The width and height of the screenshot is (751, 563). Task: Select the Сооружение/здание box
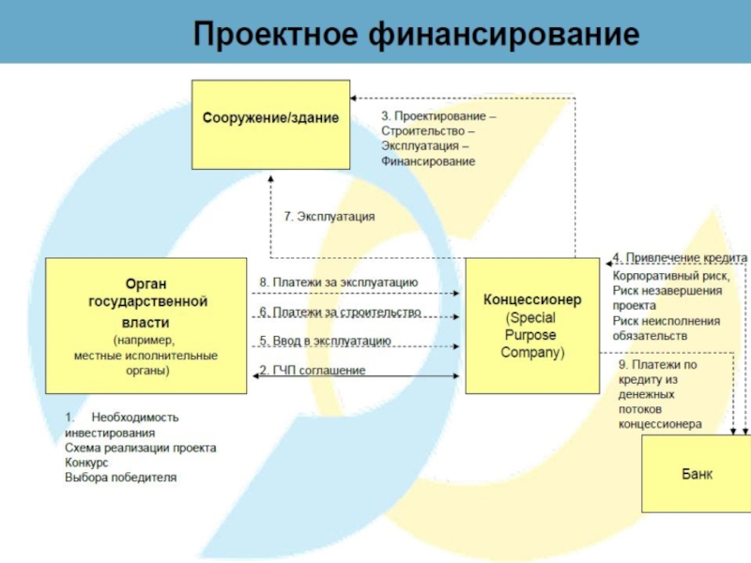pos(270,124)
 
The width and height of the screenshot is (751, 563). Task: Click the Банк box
pos(696,474)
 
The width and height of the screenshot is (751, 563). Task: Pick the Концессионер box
pos(532,326)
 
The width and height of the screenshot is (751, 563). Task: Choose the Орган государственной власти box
pos(146,326)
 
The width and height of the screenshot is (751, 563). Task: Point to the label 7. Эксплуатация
pos(330,216)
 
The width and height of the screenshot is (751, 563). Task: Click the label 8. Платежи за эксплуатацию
pos(338,281)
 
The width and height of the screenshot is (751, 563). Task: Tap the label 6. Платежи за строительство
pos(340,312)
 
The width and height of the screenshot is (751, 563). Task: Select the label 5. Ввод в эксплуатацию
pos(325,341)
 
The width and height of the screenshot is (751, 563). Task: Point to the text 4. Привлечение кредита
pos(680,257)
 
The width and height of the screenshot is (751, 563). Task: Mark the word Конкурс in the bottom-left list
pos(86,463)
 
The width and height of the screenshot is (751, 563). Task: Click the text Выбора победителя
pos(120,478)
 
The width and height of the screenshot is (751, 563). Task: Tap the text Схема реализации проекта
pos(141,448)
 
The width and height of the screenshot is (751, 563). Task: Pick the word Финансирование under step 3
pos(428,161)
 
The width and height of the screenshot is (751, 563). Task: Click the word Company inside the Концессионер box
pos(530,353)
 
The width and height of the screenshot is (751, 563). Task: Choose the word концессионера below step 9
pos(660,423)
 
